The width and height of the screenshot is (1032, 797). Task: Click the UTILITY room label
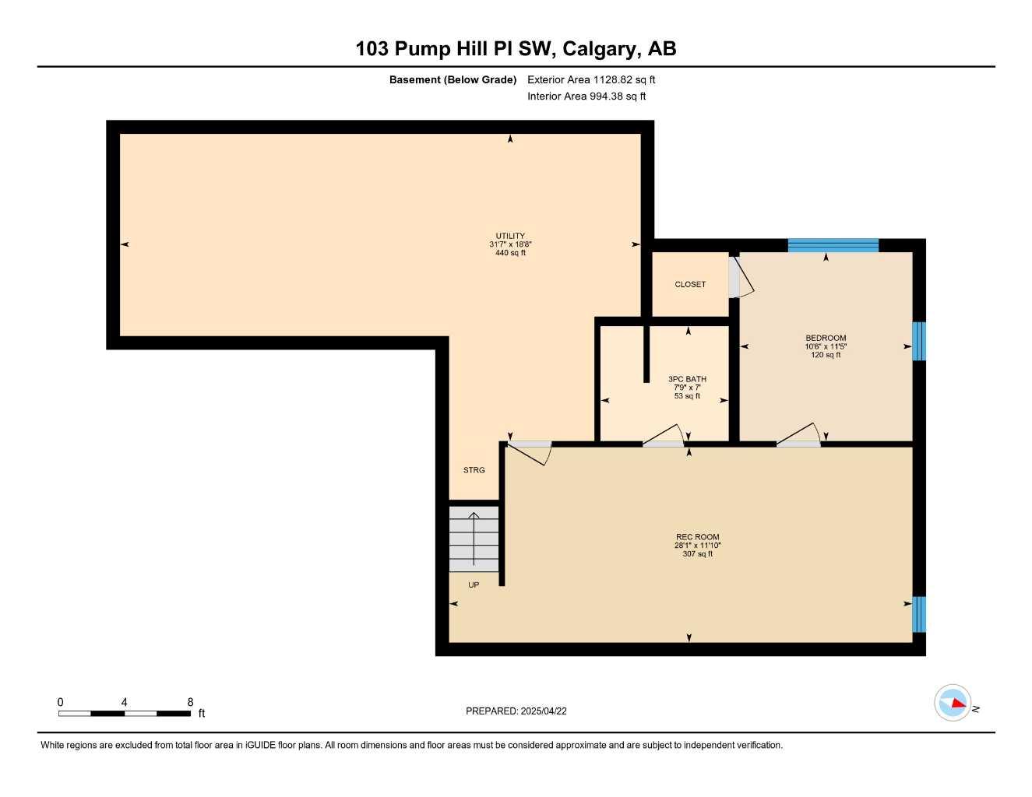(x=510, y=236)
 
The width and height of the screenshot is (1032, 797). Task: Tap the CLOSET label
(x=690, y=284)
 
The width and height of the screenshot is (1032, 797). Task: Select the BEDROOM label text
(x=826, y=339)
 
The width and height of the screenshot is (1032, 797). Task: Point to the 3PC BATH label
(x=687, y=380)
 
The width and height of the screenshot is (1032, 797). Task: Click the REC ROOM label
(x=697, y=537)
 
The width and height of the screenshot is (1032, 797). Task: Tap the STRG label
(x=474, y=470)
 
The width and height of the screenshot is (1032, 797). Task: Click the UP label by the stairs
(x=474, y=585)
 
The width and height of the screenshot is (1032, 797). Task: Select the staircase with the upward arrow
(x=474, y=539)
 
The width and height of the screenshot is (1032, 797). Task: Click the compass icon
(x=953, y=703)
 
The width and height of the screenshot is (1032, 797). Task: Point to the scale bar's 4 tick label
(x=124, y=702)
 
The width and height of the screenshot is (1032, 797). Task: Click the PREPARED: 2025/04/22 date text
(x=516, y=711)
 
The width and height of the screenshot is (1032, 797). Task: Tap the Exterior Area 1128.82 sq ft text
(x=591, y=79)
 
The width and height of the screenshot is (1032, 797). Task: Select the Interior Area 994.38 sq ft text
(x=586, y=97)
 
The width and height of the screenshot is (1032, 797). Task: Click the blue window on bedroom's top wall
(x=833, y=245)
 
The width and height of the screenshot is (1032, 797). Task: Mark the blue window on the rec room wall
(x=919, y=614)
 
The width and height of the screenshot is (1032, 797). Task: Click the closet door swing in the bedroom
(x=741, y=278)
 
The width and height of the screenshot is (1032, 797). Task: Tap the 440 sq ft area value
(x=510, y=253)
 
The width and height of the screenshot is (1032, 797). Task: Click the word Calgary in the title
(x=598, y=48)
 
